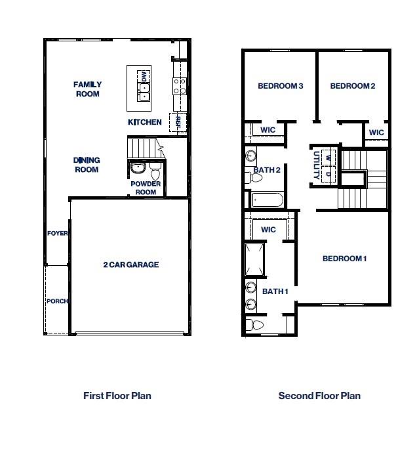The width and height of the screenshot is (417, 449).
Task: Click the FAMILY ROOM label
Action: pos(87,89)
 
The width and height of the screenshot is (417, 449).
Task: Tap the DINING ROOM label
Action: pos(87,165)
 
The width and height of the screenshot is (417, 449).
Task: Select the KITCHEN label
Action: pos(144,122)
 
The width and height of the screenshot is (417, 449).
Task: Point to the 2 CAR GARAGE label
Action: pos(131,265)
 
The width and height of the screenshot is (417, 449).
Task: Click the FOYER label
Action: pos(58,233)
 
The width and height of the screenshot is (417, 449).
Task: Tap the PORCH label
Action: pos(57,301)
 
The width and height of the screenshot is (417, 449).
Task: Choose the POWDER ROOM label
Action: pos(146,188)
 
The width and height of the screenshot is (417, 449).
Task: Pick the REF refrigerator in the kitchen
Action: pos(177,123)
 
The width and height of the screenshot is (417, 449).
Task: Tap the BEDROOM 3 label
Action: pos(280,86)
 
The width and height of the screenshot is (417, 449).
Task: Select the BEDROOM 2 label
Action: pos(352,86)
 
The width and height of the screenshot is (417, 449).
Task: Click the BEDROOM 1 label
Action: pos(344,259)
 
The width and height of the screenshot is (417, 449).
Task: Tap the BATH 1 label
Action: pos(275,291)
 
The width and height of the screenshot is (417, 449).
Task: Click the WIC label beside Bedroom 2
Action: pos(376,133)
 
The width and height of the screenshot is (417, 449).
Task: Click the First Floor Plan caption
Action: pos(117,395)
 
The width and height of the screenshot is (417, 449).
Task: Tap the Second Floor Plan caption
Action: pos(319,395)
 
